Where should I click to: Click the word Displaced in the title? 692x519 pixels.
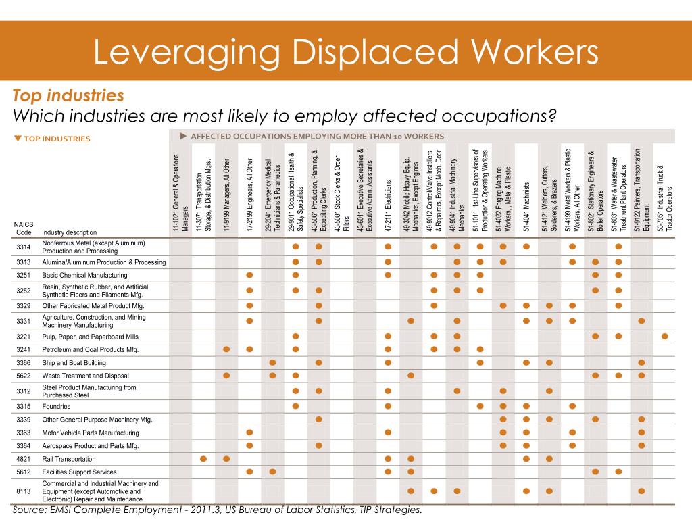[374, 52]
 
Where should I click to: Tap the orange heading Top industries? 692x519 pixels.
[68, 95]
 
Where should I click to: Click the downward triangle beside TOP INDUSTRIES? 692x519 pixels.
[18, 139]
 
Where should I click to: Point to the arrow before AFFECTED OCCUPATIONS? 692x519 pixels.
[183, 137]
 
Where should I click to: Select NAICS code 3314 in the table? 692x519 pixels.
[24, 247]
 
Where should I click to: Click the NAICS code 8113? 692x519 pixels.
[24, 491]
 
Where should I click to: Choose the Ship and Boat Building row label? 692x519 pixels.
[74, 363]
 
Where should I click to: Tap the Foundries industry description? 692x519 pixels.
[56, 406]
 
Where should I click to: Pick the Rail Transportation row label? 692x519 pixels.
[69, 459]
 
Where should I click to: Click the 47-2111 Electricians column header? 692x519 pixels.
[388, 205]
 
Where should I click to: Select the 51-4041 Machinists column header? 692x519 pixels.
[526, 207]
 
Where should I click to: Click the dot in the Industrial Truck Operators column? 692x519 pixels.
[665, 337]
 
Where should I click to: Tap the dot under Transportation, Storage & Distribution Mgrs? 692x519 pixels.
[203, 459]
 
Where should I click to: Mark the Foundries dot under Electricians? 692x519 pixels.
[388, 406]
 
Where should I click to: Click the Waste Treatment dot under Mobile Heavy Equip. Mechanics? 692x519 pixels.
[411, 376]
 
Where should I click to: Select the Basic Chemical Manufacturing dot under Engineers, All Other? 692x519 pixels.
[250, 276]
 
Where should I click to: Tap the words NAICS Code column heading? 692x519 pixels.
[24, 228]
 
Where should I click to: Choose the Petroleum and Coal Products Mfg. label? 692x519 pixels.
[90, 349]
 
